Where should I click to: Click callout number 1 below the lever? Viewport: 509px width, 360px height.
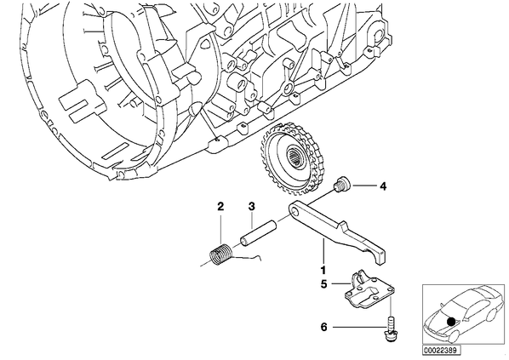pos(323,270)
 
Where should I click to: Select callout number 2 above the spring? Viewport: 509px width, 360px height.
pos(220,206)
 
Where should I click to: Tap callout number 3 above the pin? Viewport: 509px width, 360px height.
pos(252,206)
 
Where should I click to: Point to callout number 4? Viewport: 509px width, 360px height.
pos(383,186)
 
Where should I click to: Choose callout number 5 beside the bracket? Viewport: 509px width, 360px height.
pos(324,284)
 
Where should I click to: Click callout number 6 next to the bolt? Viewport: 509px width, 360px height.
pos(324,327)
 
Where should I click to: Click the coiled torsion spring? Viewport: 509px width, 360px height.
pos(220,254)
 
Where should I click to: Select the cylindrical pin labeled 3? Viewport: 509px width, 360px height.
pos(258,232)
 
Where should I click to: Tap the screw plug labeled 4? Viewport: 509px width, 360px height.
pos(341,185)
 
